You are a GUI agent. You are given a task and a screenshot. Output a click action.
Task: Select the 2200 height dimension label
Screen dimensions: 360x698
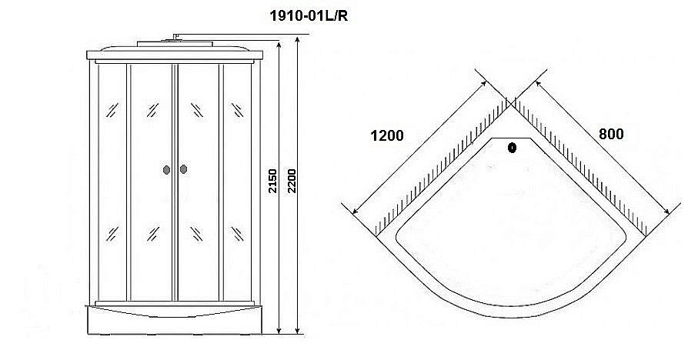click(x=292, y=182)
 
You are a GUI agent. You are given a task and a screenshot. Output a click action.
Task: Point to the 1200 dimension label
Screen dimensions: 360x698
click(x=386, y=136)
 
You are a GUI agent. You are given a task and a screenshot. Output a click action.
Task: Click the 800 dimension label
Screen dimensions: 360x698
click(x=610, y=133)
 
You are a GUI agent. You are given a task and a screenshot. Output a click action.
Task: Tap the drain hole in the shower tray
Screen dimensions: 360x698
click(x=513, y=148)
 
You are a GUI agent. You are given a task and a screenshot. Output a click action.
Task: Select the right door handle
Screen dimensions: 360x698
click(x=184, y=170)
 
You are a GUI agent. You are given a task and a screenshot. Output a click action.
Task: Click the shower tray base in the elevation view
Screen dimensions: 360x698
click(x=177, y=319)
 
